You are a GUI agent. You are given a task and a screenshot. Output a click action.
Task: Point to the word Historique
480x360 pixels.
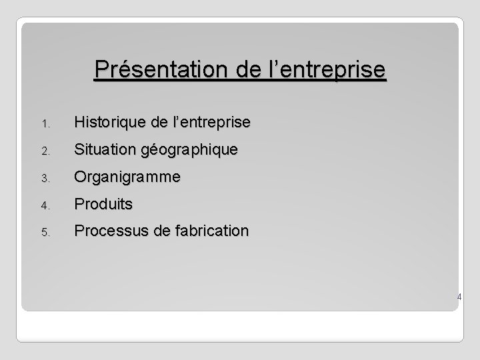[109, 122]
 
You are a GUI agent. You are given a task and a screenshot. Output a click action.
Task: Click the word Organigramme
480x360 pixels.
[127, 177]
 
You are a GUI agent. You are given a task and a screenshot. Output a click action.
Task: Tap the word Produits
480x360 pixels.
[103, 204]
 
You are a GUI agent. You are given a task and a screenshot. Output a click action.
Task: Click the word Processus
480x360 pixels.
[109, 231]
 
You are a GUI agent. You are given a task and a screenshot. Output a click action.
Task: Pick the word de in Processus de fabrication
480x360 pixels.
[161, 231]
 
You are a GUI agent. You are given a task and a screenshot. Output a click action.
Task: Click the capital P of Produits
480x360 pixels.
[79, 204]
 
